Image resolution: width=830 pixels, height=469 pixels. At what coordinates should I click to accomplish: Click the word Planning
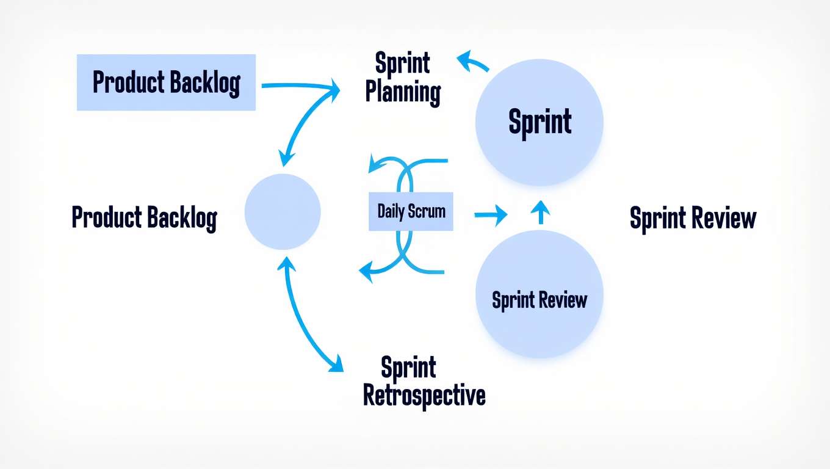coord(403,93)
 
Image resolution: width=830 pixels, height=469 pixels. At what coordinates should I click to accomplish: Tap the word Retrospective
coord(424,396)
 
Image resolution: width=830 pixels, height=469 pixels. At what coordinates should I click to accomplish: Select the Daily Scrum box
coord(411,212)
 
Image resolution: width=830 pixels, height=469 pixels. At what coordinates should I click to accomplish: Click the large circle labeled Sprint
coord(539,122)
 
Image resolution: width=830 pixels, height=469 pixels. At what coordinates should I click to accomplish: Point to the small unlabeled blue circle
coord(283,211)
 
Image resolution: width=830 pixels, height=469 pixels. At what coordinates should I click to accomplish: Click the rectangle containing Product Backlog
coord(166,82)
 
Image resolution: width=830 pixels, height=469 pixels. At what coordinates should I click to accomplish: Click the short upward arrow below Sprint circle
coord(540,213)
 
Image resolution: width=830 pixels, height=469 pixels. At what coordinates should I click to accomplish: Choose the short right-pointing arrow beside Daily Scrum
coord(491,214)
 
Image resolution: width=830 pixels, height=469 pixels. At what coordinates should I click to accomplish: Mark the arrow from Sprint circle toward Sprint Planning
coord(471,62)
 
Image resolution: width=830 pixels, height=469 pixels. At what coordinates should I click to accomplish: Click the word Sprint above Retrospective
coord(408,368)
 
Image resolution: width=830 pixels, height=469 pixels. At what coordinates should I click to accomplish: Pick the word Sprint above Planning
coord(402,63)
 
